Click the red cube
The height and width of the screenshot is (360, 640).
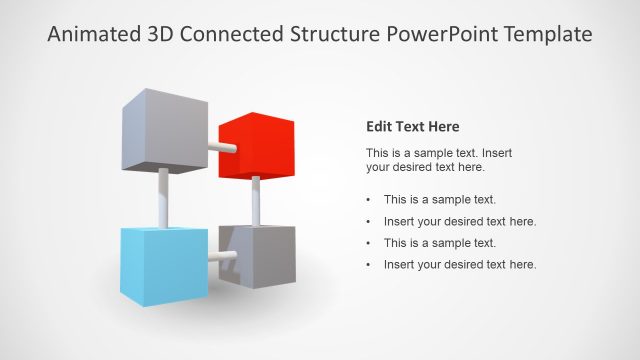click(x=255, y=148)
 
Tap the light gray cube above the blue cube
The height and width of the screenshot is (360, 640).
click(x=160, y=130)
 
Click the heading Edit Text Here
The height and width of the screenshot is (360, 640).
click(x=413, y=127)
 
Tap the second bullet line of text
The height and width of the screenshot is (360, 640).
click(x=460, y=221)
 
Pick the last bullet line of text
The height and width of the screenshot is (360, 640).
click(x=460, y=264)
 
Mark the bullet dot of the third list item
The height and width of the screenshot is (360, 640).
click(x=369, y=243)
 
